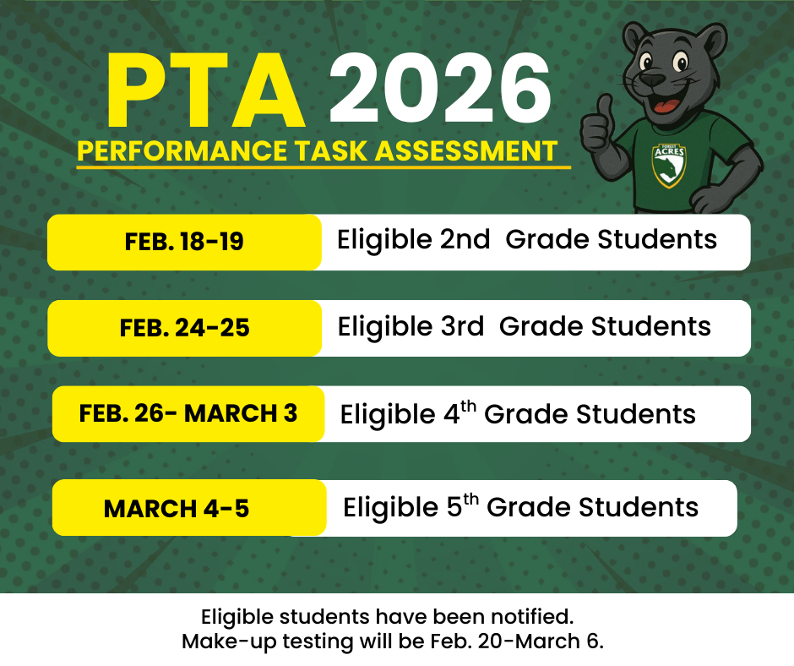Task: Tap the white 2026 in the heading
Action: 439,91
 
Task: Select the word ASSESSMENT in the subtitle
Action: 465,151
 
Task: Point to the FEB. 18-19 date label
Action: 184,242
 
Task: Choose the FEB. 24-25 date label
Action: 185,328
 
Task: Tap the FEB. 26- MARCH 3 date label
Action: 188,414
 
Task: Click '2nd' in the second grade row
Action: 465,240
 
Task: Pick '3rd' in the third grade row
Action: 461,326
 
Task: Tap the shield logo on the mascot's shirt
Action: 670,164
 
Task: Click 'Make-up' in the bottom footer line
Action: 221,641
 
